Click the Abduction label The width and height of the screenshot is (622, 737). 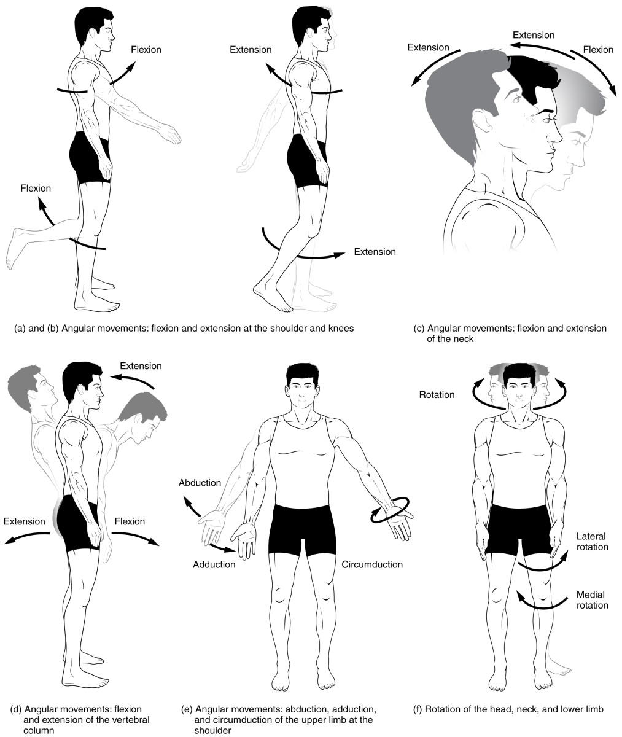(200, 483)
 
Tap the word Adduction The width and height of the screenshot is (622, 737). (214, 564)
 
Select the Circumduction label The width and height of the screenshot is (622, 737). (372, 564)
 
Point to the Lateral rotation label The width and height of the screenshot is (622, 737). (592, 541)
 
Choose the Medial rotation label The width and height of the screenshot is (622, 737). (592, 600)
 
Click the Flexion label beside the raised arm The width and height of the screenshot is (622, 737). (146, 49)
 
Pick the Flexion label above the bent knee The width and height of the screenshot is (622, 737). (36, 188)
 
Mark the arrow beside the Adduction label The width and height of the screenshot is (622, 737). (222, 545)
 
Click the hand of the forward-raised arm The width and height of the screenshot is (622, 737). (169, 134)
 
